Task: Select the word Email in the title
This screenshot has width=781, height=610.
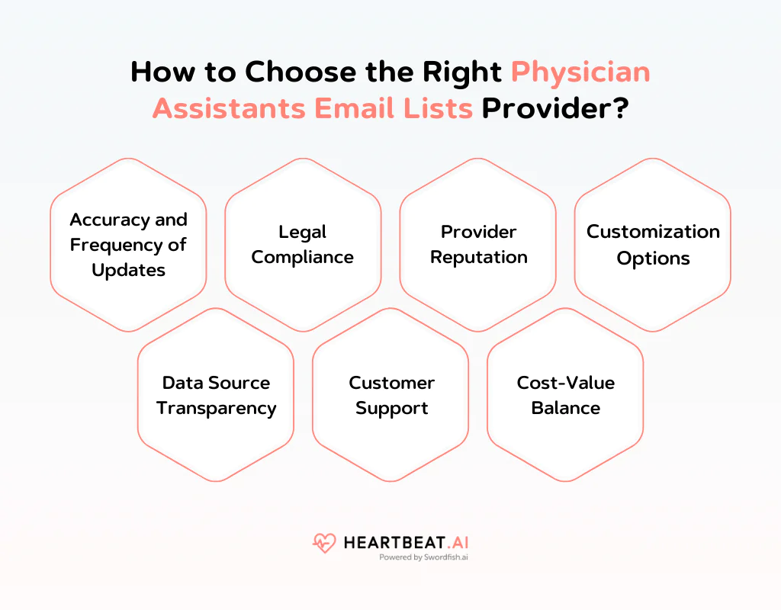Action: [356, 108]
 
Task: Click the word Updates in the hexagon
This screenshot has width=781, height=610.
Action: [128, 270]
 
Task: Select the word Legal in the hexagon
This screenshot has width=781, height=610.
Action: [303, 232]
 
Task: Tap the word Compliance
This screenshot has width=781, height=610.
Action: [303, 258]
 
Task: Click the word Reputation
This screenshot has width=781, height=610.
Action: [478, 258]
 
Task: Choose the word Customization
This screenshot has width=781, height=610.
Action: [653, 232]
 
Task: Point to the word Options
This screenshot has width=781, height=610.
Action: [653, 258]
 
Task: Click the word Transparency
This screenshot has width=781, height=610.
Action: [217, 408]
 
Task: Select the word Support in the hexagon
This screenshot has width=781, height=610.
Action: [391, 408]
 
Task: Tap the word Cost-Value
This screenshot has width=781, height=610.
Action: [566, 382]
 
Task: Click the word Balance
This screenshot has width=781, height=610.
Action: [566, 408]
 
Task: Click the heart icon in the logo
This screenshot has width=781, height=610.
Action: [324, 544]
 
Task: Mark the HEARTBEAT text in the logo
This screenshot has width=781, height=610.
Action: [389, 543]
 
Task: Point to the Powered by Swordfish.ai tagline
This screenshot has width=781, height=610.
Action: [424, 557]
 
